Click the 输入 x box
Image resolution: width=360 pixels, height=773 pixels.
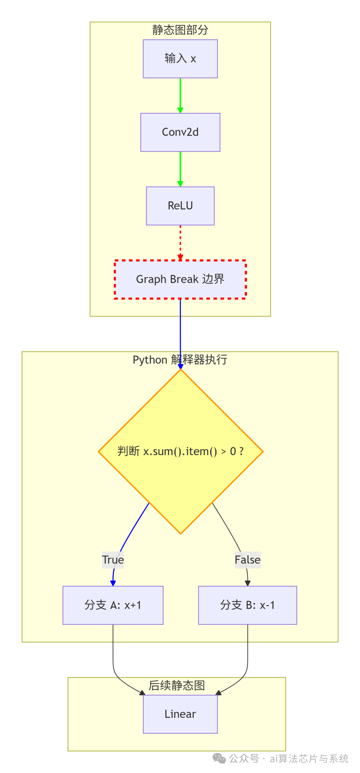coord(180,59)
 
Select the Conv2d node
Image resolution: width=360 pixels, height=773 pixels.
coord(180,132)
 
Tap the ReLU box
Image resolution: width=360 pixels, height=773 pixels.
coord(180,206)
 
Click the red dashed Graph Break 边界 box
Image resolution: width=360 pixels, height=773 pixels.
coord(180,279)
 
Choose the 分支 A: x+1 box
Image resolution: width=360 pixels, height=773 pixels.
coord(113,605)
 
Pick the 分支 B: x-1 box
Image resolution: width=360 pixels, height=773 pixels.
coord(247,605)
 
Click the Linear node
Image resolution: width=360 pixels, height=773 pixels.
coord(180,714)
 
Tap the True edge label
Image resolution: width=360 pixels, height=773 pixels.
coord(113,560)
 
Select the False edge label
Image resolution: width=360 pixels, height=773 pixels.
coord(247,560)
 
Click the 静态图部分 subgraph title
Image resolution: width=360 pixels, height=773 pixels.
coord(180,30)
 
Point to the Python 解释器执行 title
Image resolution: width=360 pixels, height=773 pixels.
coord(180,360)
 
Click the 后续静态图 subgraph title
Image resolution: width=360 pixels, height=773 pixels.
coord(176,685)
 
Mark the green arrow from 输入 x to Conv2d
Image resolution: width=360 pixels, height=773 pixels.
coord(180,95)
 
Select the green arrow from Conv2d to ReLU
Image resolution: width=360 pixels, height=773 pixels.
coord(180,168)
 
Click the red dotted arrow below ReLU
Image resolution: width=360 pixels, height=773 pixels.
coord(180,242)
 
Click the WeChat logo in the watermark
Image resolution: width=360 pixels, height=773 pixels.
coord(219,759)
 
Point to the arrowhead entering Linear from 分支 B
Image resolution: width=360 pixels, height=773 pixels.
coord(219,693)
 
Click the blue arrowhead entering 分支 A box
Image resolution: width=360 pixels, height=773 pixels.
coord(113,583)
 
